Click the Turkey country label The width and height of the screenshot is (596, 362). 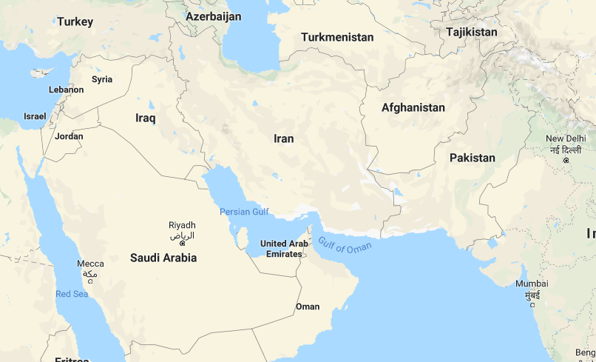pyautogui.click(x=75, y=21)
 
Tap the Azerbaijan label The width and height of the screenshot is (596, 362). pyautogui.click(x=213, y=16)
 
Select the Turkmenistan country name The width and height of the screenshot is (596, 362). pyautogui.click(x=337, y=37)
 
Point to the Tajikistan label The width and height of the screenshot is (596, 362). pyautogui.click(x=472, y=32)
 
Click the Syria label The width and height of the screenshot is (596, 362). pyautogui.click(x=102, y=79)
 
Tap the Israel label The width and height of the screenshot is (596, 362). pyautogui.click(x=35, y=116)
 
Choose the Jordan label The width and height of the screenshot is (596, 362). pyautogui.click(x=69, y=136)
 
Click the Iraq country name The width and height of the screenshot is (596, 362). pyautogui.click(x=146, y=118)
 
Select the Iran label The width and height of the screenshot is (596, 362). pyautogui.click(x=283, y=138)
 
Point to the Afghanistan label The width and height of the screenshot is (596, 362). pyautogui.click(x=413, y=107)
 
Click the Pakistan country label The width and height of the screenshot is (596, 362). pyautogui.click(x=472, y=158)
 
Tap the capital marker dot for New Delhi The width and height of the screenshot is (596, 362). pyautogui.click(x=566, y=160)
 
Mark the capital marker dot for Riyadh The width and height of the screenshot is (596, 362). pyautogui.click(x=182, y=243)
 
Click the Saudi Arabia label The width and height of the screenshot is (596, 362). pyautogui.click(x=163, y=258)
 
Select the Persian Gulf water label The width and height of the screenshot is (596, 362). pyautogui.click(x=244, y=212)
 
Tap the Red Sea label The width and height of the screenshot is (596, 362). pyautogui.click(x=72, y=294)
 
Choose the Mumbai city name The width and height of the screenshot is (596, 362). pyautogui.click(x=532, y=284)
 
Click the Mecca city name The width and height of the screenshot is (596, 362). pyautogui.click(x=90, y=264)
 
